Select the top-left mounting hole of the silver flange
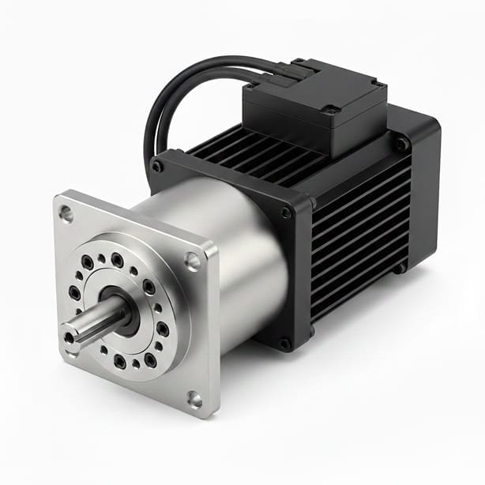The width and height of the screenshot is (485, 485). pos(66,213)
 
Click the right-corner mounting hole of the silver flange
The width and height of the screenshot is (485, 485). pos(192,261)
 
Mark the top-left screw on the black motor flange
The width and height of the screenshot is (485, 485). pos(158,167)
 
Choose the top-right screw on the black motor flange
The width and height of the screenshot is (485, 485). pos(285,212)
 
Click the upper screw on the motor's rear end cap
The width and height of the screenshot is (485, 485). pos(402,145)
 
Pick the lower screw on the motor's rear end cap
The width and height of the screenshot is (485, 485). pos(400,267)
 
